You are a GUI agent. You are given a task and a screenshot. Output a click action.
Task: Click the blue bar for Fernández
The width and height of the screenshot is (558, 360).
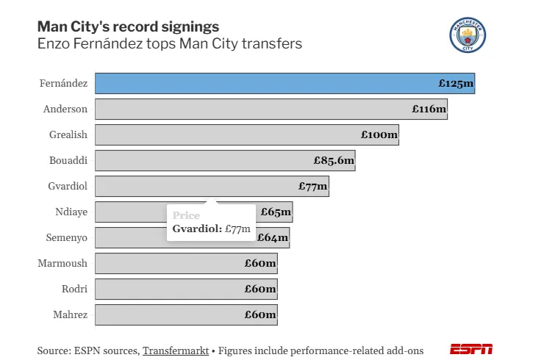[x=285, y=83]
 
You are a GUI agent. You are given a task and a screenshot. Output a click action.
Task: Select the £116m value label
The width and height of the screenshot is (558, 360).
[x=429, y=109]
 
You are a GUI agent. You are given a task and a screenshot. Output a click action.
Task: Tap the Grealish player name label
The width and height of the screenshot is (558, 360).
[x=68, y=134]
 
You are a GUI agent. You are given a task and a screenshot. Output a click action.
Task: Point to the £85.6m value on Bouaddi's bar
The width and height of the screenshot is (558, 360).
[x=334, y=160]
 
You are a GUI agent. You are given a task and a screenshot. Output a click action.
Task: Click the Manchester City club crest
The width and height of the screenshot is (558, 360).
[x=468, y=35]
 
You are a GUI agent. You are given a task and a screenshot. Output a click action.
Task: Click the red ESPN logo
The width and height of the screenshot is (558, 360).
[x=471, y=349]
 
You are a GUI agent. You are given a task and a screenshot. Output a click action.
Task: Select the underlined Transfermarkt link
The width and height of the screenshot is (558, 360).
[x=176, y=350]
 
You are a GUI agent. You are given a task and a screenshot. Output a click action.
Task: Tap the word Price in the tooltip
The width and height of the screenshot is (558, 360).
[x=186, y=215]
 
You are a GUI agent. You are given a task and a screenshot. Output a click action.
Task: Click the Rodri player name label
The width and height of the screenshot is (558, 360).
[x=74, y=289]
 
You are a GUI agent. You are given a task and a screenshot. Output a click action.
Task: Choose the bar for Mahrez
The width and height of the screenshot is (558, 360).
[x=186, y=314]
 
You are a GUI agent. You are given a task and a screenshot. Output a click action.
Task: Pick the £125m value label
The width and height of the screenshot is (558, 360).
[x=456, y=83]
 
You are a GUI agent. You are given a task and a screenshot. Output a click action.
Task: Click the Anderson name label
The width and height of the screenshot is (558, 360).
[x=65, y=109]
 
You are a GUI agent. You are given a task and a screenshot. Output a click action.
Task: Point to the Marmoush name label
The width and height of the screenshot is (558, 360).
[x=62, y=263]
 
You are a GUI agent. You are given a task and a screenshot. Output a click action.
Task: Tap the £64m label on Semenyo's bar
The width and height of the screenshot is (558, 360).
[x=273, y=237]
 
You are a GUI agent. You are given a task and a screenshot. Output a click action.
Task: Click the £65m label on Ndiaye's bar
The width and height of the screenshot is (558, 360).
[x=276, y=212]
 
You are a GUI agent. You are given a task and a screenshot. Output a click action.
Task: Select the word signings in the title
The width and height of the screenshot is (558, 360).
[x=190, y=27]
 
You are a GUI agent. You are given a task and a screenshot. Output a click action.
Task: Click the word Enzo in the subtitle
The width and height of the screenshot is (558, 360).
[x=54, y=44]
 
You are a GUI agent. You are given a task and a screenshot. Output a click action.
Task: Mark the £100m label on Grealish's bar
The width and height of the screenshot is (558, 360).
[x=379, y=134]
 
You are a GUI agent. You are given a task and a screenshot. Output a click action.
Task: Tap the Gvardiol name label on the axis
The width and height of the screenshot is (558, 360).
[x=68, y=186]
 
